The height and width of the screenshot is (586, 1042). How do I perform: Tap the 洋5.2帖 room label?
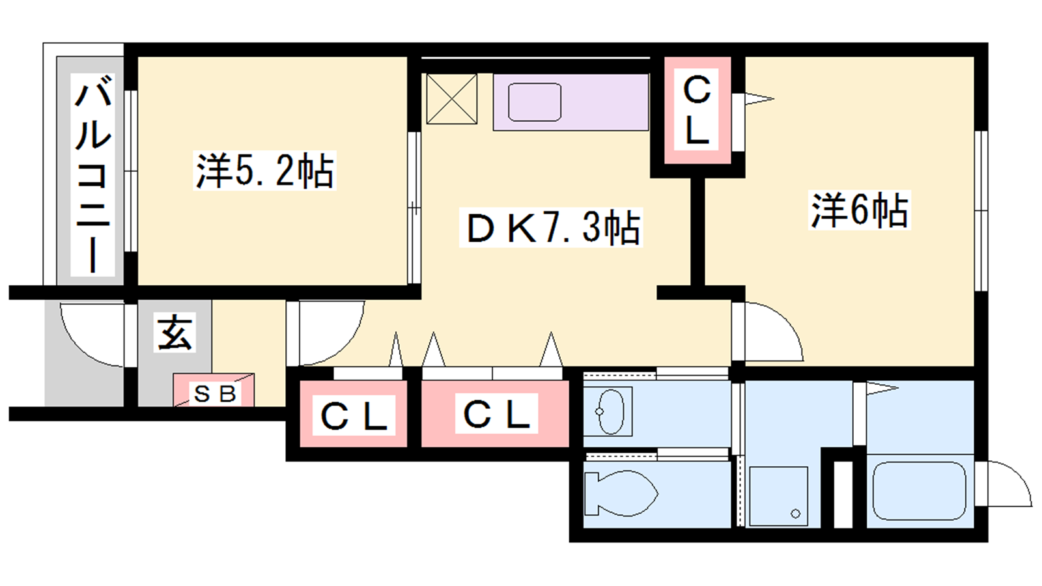(264, 170)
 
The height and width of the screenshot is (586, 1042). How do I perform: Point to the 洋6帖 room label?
(860, 210)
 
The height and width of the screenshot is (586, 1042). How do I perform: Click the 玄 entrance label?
(175, 332)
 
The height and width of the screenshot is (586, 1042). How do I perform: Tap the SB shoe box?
(214, 390)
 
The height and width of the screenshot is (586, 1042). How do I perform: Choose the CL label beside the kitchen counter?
(697, 111)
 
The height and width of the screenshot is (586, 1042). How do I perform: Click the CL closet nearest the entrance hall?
(354, 415)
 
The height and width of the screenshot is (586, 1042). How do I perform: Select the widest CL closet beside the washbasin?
(496, 414)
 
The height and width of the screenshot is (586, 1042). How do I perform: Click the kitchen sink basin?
(535, 102)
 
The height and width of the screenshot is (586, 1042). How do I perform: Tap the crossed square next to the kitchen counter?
(452, 98)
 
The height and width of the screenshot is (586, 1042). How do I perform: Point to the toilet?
(621, 493)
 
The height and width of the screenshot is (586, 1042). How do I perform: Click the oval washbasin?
(610, 412)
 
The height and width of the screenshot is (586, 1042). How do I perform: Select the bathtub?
(919, 491)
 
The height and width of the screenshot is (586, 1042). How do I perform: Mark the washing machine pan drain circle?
(795, 514)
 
